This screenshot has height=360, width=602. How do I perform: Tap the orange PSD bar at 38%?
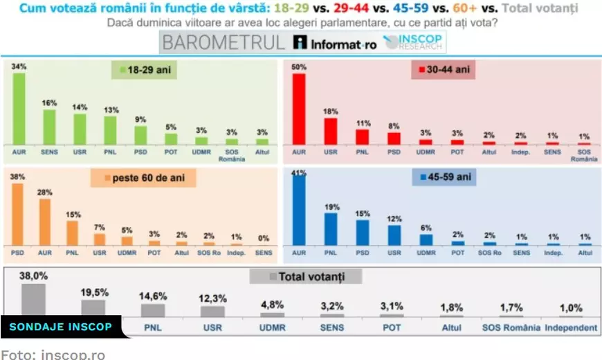pyautogui.click(x=18, y=214)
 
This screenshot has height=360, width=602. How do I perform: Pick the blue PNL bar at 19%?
pyautogui.click(x=331, y=228)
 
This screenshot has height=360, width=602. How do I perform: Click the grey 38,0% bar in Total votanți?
pyautogui.click(x=33, y=300)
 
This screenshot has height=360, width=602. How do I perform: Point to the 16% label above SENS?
pyautogui.click(x=49, y=102)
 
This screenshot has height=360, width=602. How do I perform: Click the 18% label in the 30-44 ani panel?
pyautogui.click(x=331, y=111)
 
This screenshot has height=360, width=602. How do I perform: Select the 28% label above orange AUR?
pyautogui.click(x=45, y=192)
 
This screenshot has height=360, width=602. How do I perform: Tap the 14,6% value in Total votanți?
pyautogui.click(x=153, y=297)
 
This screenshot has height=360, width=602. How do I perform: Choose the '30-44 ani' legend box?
pyautogui.click(x=443, y=71)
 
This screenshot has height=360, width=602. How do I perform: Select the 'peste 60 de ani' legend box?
pyautogui.click(x=143, y=179)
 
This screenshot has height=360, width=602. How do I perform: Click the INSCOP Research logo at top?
pyautogui.click(x=414, y=43)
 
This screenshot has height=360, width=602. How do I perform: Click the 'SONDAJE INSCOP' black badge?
pyautogui.click(x=60, y=327)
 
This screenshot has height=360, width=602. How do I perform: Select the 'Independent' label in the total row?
pyautogui.click(x=571, y=327)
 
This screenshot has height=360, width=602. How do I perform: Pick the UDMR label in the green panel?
pyautogui.click(x=201, y=152)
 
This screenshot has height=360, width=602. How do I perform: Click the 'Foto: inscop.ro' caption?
pyautogui.click(x=53, y=354)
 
